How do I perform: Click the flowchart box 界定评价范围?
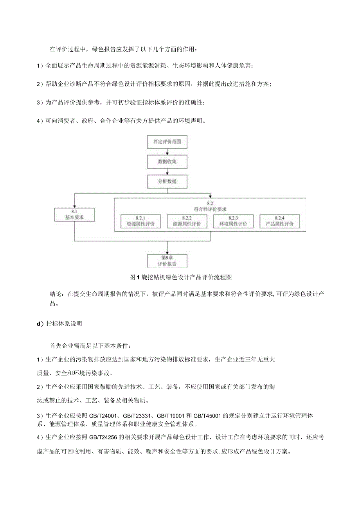click(x=167, y=142)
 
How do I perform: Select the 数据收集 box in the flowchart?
click(x=167, y=161)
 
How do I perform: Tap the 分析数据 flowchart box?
click(x=167, y=181)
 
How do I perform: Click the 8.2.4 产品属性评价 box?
click(x=279, y=221)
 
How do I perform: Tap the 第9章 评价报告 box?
click(x=167, y=261)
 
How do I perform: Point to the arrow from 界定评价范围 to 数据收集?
click(x=167, y=152)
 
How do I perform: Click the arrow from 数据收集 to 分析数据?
click(x=167, y=171)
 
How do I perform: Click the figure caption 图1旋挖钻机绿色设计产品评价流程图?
click(x=181, y=277)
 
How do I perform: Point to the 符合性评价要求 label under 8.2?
click(x=210, y=209)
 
